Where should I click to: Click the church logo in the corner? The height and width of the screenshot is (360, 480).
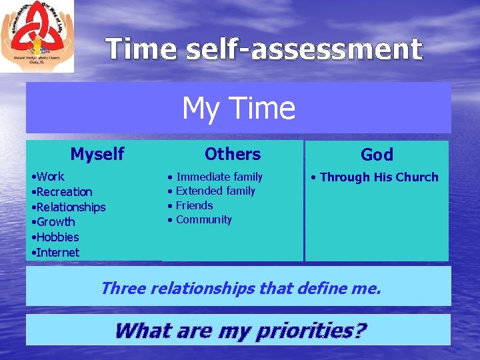[x=37, y=36]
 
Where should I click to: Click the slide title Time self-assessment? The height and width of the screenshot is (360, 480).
[x=264, y=49]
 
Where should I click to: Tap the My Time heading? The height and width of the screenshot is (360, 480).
[x=239, y=108]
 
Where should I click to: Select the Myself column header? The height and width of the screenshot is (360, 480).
[x=97, y=154]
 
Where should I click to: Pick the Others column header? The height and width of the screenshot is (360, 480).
[x=233, y=154]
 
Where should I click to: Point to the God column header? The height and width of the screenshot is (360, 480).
[x=377, y=155]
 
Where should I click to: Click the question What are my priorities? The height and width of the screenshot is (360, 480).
[x=240, y=330]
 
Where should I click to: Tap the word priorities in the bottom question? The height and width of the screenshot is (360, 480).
[x=317, y=330]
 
